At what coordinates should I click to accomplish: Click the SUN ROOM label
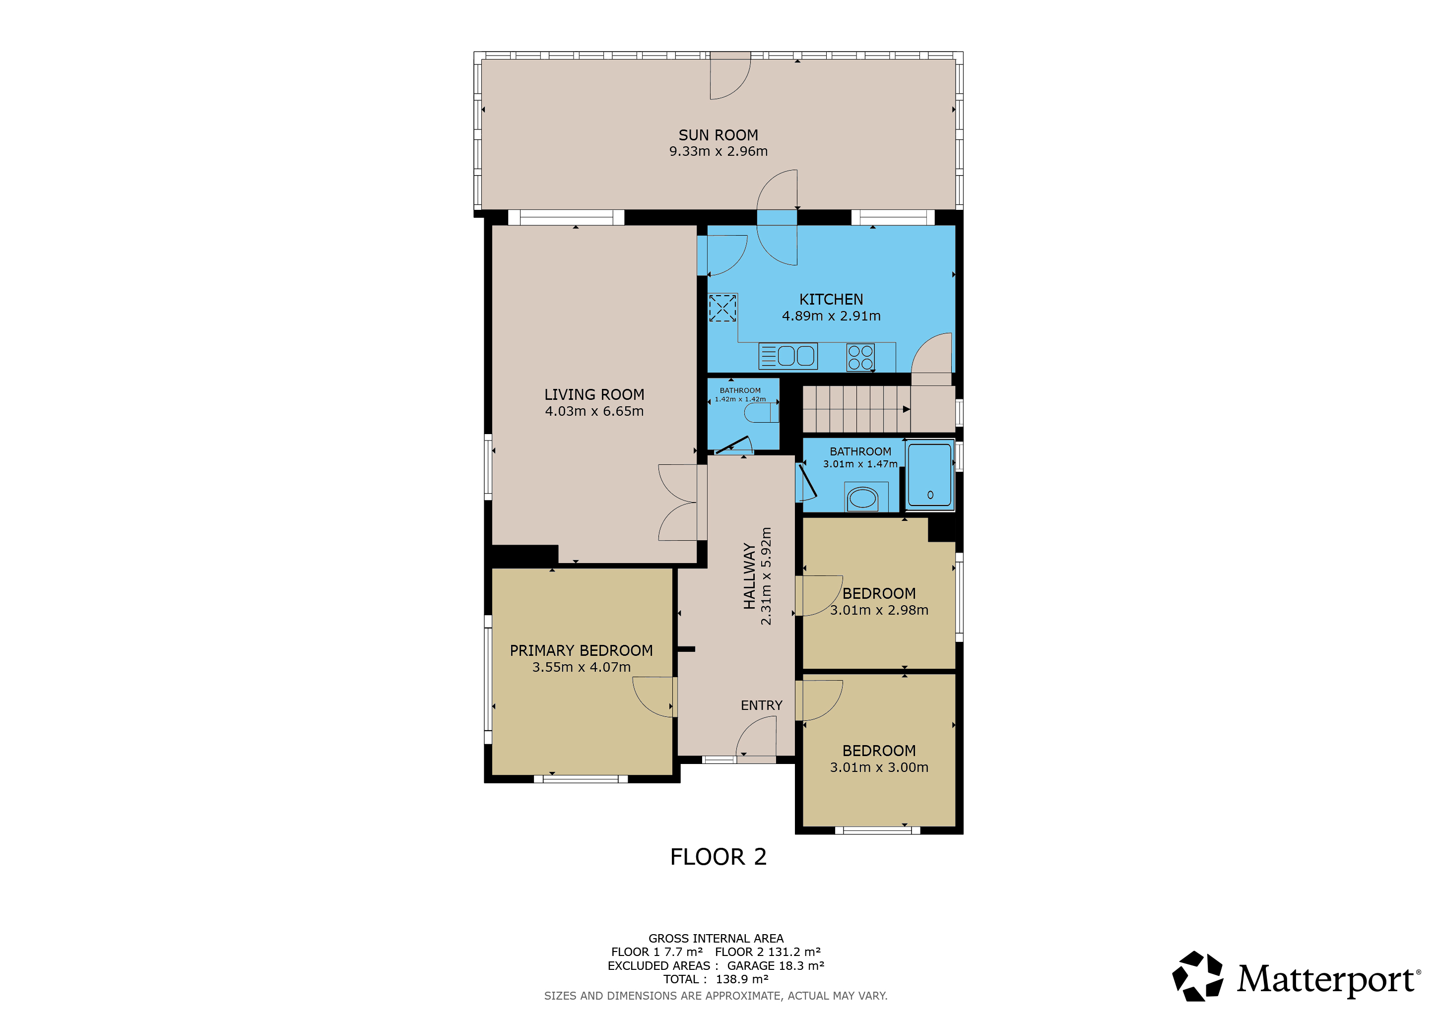click(718, 135)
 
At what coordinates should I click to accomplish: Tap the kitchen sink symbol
click(788, 356)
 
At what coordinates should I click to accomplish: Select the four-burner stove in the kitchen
click(860, 358)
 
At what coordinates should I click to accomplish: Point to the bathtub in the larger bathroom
click(930, 475)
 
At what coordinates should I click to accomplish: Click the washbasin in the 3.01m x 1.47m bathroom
click(862, 499)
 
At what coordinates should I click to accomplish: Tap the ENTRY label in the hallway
click(761, 705)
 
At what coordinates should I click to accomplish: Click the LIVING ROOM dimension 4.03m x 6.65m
click(594, 411)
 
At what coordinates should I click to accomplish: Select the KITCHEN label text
click(831, 300)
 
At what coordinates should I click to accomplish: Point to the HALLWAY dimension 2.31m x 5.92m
click(766, 575)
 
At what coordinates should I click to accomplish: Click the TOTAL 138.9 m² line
click(716, 979)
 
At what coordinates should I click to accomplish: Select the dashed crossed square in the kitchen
click(722, 308)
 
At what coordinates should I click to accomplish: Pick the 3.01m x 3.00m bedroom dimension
click(879, 767)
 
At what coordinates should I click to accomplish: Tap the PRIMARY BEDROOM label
click(581, 651)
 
